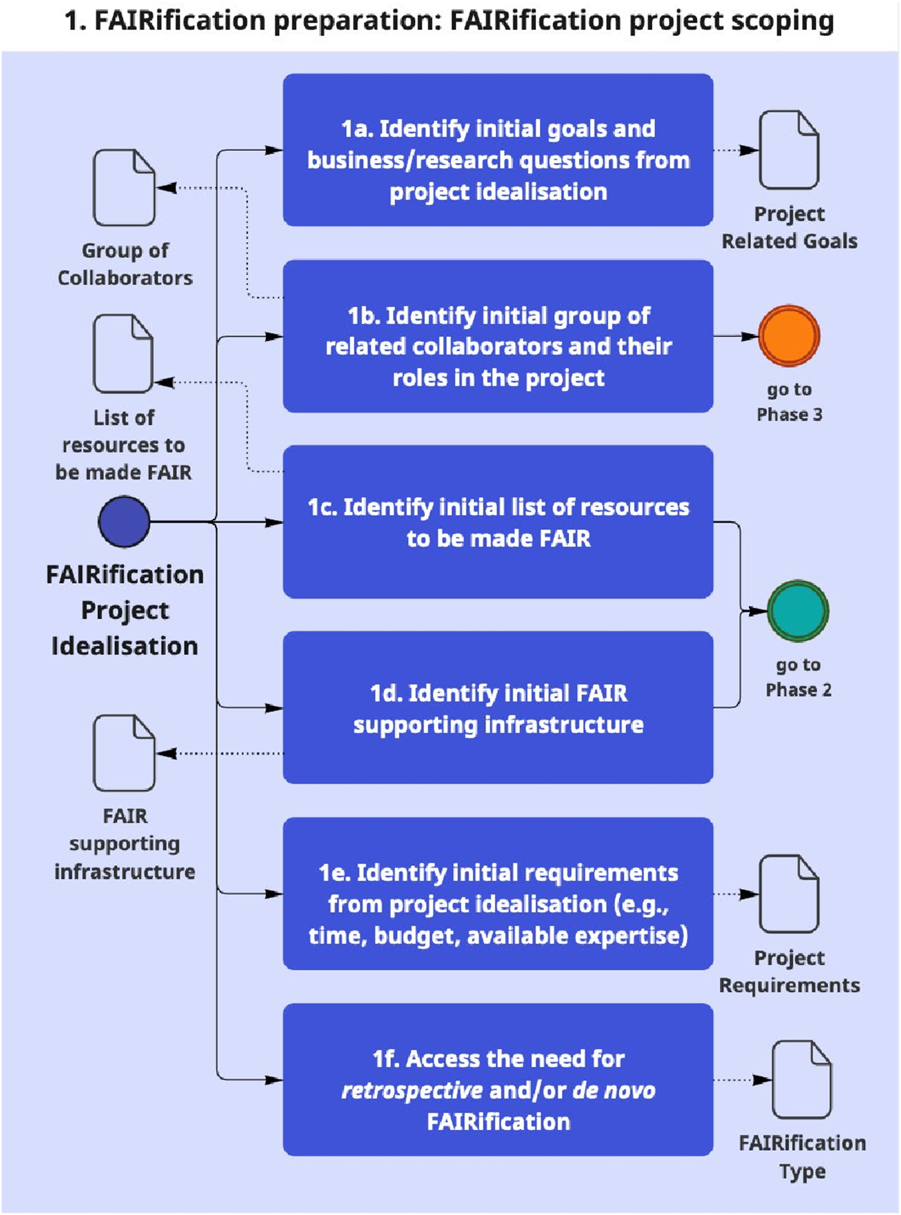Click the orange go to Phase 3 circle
(x=789, y=336)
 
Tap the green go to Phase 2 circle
(x=798, y=611)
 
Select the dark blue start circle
(x=124, y=522)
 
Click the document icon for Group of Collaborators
(x=124, y=188)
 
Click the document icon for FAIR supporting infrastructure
(x=124, y=753)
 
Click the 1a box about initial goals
(x=498, y=150)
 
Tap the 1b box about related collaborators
(x=498, y=336)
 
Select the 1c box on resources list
(x=498, y=522)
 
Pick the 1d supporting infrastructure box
(x=498, y=708)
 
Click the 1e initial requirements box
(x=498, y=893)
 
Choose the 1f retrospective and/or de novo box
(x=498, y=1079)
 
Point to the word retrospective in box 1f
(x=412, y=1090)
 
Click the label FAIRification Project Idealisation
(x=125, y=610)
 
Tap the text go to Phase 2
(x=798, y=677)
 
